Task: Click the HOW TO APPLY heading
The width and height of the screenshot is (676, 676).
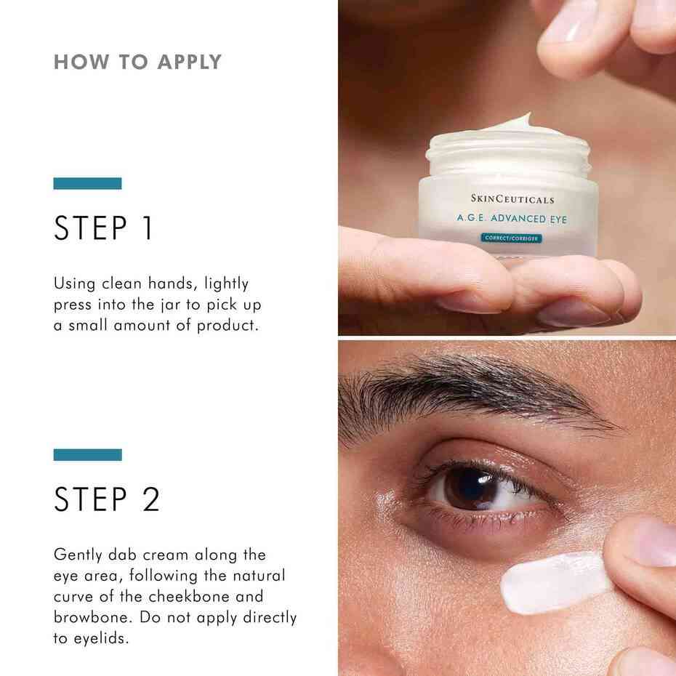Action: pos(137,62)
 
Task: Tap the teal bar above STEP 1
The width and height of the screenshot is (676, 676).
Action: pos(87,184)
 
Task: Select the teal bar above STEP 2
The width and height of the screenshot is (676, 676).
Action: pos(87,455)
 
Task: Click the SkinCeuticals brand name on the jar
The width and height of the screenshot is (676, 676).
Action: pos(512,199)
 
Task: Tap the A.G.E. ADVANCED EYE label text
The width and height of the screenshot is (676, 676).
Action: pos(512,217)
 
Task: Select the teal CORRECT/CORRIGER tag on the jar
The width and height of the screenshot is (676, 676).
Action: pos(512,238)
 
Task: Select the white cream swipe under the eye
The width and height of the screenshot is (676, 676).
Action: pos(552,582)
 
